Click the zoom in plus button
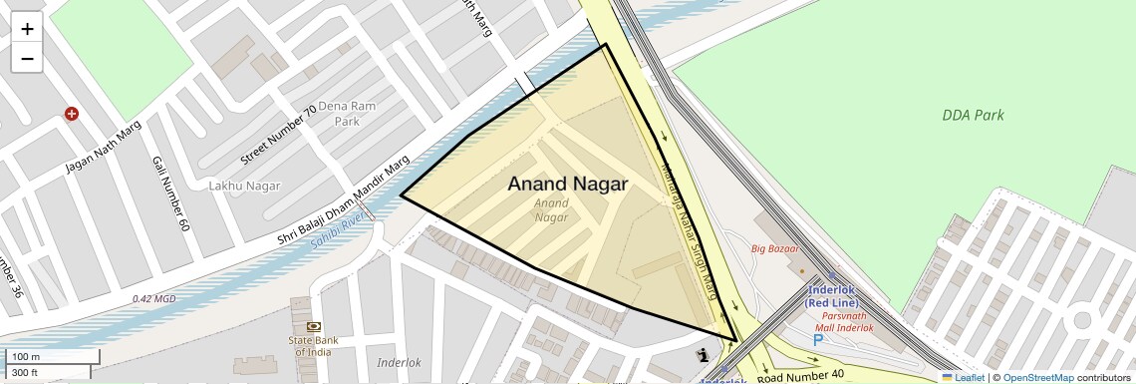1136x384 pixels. pyautogui.click(x=27, y=29)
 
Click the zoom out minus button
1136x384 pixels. pyautogui.click(x=27, y=59)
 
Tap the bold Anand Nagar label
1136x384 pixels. pyautogui.click(x=567, y=184)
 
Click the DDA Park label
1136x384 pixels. pyautogui.click(x=973, y=115)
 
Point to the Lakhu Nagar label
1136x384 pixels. pyautogui.click(x=244, y=186)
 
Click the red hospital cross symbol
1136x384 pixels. pyautogui.click(x=71, y=114)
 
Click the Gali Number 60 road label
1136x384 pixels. pyautogui.click(x=170, y=193)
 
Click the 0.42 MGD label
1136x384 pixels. pyautogui.click(x=153, y=298)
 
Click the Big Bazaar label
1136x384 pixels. pyautogui.click(x=774, y=248)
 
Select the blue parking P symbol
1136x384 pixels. pyautogui.click(x=818, y=340)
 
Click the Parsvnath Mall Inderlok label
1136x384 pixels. pyautogui.click(x=844, y=321)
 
